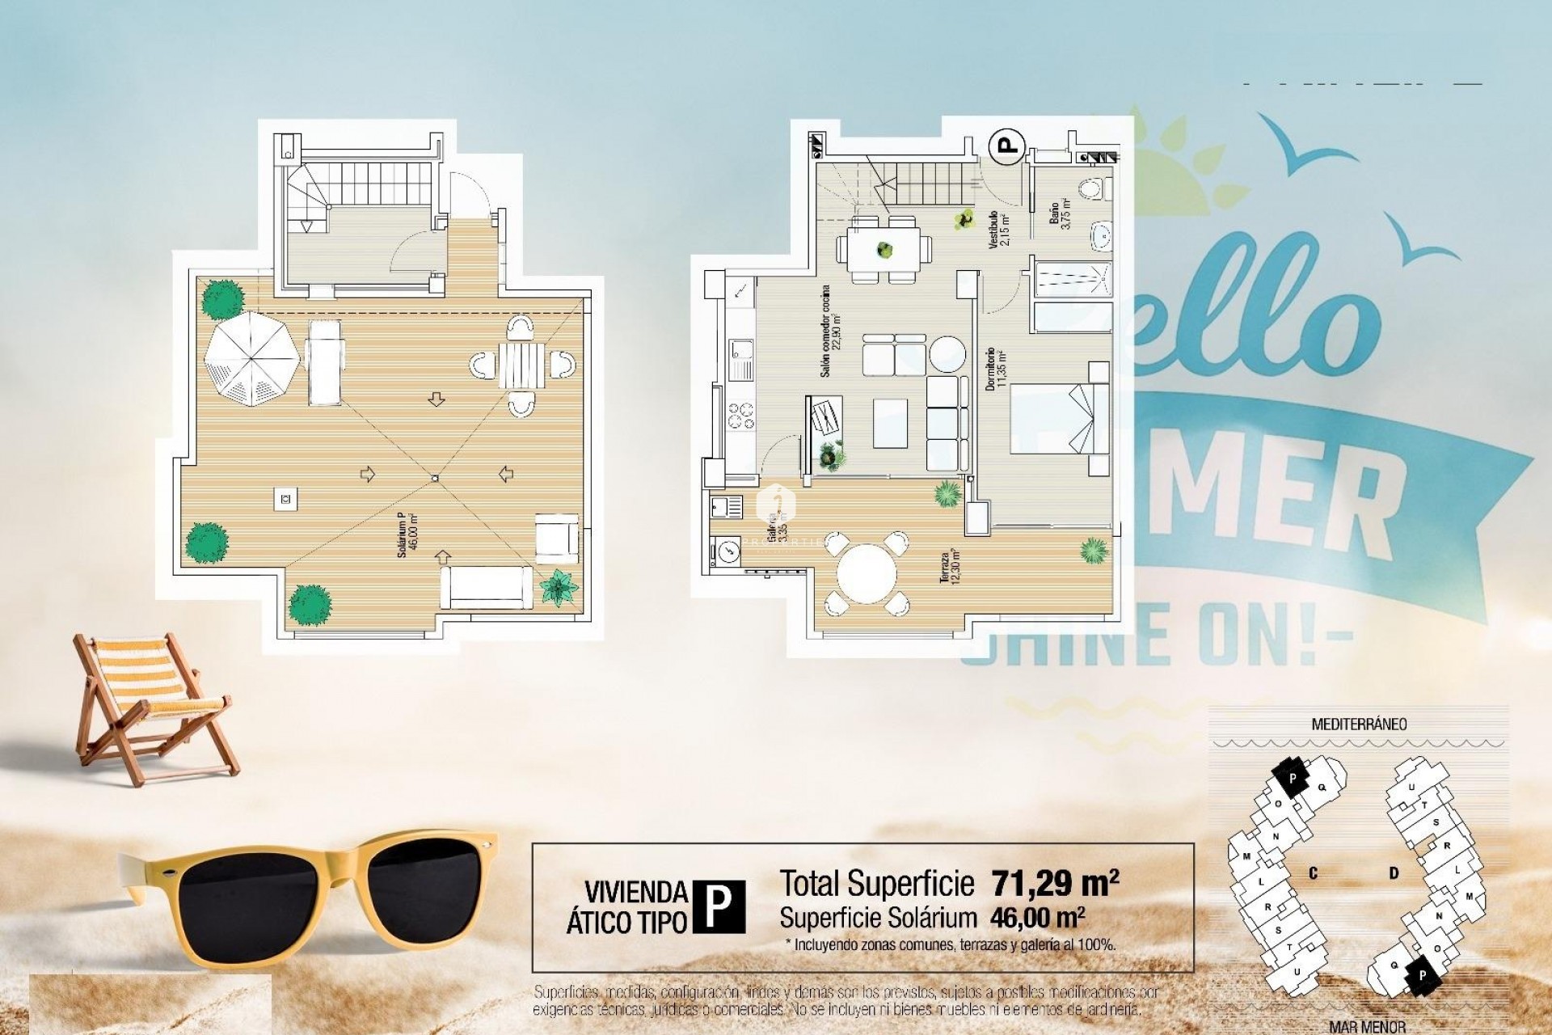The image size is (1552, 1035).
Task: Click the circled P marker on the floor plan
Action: coord(1007,147)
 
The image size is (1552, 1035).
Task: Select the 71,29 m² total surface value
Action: coord(1055,884)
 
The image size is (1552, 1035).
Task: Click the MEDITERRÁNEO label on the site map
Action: coord(1359,724)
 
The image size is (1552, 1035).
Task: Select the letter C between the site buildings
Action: coord(1313,873)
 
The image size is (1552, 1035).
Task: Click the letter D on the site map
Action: coord(1394,873)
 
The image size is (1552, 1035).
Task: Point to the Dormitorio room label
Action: coord(993,370)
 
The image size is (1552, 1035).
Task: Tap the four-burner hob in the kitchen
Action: coord(740,415)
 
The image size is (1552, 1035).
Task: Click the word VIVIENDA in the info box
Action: coord(635,893)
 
